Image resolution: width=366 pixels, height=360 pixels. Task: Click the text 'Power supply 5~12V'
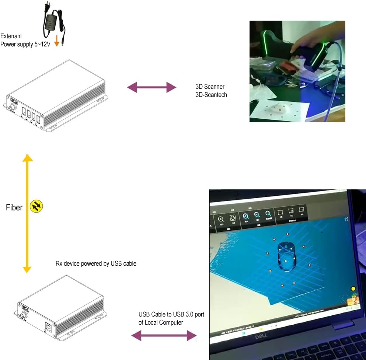click(x=25, y=44)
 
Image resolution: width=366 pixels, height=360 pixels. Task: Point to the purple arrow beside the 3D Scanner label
click(x=151, y=87)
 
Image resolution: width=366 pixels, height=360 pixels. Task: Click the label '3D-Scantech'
click(x=211, y=95)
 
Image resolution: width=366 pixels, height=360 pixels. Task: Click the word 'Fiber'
click(x=14, y=207)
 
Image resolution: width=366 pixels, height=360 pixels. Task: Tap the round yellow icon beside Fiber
click(x=36, y=206)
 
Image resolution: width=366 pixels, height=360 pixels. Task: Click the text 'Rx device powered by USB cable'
click(x=95, y=263)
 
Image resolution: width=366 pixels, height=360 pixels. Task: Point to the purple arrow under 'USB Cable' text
click(x=164, y=335)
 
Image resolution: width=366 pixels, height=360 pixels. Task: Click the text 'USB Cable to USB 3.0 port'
click(x=171, y=314)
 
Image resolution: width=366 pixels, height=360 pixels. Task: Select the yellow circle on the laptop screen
click(x=353, y=289)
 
